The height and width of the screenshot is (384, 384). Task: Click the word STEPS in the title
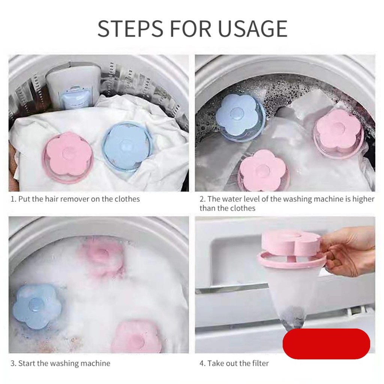(x=130, y=28)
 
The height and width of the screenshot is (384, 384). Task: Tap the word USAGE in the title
(x=253, y=28)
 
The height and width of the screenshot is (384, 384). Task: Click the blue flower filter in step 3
(x=37, y=306)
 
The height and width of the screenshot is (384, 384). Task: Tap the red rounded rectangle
(x=326, y=344)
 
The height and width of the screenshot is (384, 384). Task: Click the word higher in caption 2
(x=363, y=199)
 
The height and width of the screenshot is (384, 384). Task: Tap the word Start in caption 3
(x=27, y=363)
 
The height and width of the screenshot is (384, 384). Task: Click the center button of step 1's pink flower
(x=67, y=153)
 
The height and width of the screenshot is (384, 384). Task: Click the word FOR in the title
(x=190, y=28)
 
